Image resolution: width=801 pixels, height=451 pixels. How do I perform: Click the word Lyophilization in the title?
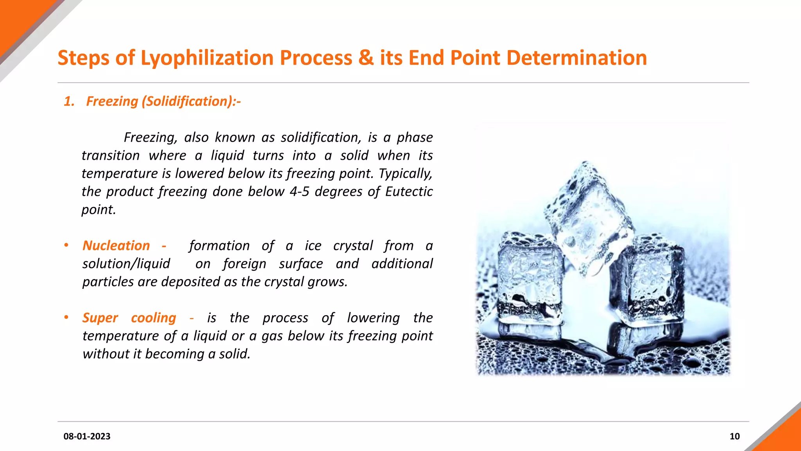coord(207,58)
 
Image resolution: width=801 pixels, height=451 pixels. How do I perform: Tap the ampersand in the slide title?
coord(366,58)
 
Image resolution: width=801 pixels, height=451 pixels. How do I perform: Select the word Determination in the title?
coord(577,58)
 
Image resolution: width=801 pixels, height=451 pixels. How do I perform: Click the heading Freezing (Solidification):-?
coord(163,101)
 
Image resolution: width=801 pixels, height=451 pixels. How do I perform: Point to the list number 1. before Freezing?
coord(69,101)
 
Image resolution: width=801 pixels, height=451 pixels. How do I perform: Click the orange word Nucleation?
coord(116,245)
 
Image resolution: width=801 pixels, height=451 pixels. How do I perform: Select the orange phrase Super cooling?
coord(129,318)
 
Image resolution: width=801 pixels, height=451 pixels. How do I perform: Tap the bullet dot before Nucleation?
coord(66,245)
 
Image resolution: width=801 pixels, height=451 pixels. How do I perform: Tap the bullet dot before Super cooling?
coord(66,317)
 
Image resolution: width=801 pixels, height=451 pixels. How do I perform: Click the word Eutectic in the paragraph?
coord(409,191)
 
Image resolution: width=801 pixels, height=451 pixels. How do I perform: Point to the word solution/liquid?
coord(126,263)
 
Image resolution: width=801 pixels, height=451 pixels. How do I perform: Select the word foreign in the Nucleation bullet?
coord(244,263)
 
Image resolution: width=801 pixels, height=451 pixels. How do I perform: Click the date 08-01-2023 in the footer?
coord(87,436)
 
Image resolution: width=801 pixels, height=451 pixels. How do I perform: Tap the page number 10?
coord(735,436)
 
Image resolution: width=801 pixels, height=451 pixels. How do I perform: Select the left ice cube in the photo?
coord(530,278)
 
